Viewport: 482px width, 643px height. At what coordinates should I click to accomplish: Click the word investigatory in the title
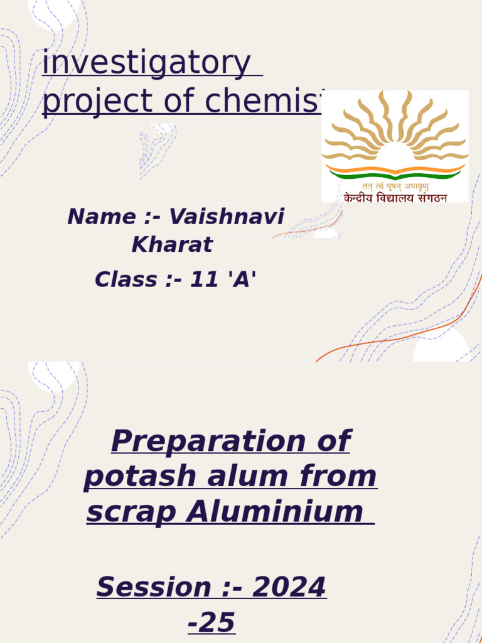click(146, 65)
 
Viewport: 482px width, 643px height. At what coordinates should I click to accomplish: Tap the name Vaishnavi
click(227, 217)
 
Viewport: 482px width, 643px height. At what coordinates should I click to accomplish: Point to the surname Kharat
click(172, 245)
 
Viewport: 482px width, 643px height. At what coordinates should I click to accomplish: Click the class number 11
click(203, 279)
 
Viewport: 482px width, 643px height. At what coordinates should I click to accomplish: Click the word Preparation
click(196, 441)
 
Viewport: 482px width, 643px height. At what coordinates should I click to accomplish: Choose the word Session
click(154, 587)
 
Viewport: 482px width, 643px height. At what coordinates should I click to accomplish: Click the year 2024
click(289, 587)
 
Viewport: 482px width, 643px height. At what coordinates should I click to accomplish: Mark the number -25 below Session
click(212, 623)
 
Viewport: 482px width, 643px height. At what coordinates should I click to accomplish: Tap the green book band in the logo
click(395, 175)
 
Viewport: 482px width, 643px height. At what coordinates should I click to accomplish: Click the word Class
click(126, 279)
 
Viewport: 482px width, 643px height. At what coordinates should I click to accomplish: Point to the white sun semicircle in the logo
click(395, 156)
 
